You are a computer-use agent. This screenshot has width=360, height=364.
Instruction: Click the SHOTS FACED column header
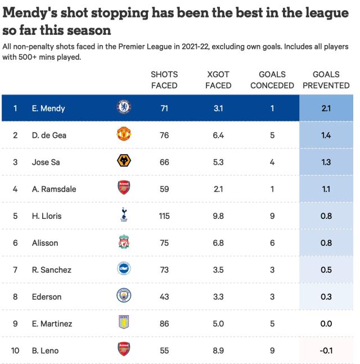tap(164, 80)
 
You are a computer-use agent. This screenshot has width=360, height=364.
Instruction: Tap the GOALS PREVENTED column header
tap(326, 80)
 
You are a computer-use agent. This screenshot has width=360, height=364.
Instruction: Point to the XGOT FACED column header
tap(218, 80)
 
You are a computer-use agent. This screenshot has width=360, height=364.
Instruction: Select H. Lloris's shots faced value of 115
tap(164, 216)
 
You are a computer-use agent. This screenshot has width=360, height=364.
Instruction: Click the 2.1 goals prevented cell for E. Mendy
tap(326, 109)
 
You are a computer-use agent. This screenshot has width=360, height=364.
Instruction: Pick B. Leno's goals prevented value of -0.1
tap(326, 350)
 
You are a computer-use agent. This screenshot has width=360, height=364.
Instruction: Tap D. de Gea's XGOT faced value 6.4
tap(218, 136)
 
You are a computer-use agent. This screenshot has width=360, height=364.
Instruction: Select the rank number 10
tap(16, 350)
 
